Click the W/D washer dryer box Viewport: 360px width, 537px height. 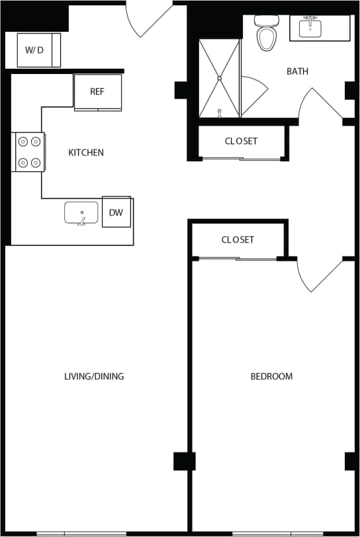38,50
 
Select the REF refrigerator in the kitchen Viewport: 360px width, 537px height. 97,92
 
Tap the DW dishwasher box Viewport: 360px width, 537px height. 116,212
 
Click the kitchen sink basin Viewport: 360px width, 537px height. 81,213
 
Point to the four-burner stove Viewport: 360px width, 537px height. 28,151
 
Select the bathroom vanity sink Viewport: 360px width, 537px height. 310,28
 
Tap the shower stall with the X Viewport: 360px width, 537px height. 219,78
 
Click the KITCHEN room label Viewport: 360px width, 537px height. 86,153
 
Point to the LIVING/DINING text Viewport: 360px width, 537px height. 94,376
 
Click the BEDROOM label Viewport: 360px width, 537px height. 271,376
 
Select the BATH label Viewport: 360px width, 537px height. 297,71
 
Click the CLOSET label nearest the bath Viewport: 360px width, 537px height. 241,141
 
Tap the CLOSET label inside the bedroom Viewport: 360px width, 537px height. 238,239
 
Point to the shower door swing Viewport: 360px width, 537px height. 253,96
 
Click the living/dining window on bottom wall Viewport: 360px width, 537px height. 81,533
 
